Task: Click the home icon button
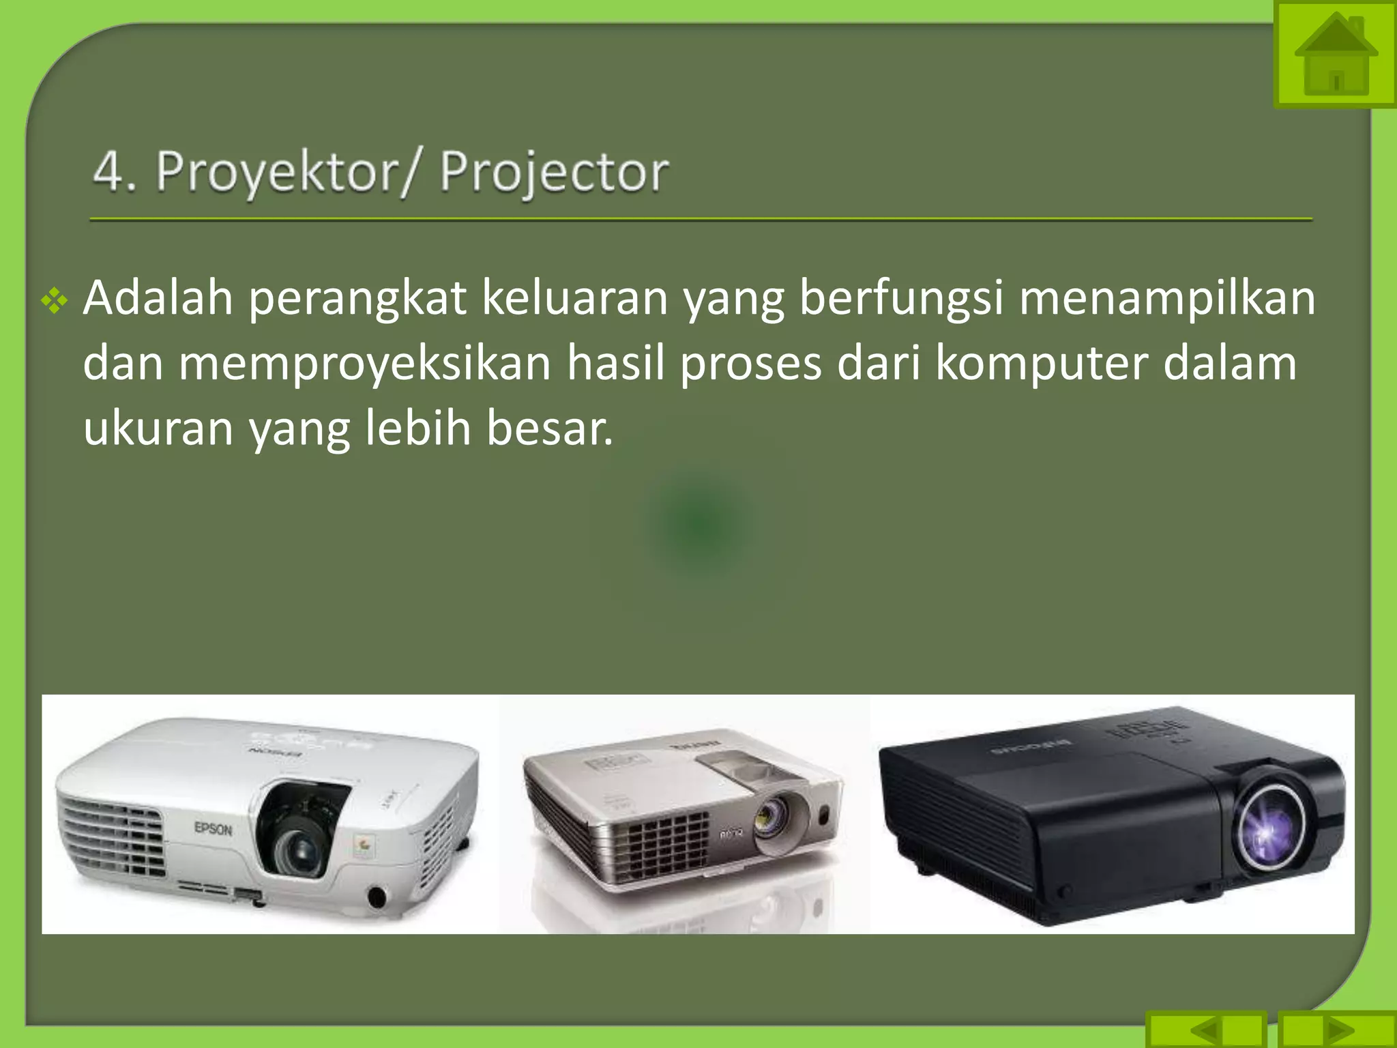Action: click(1335, 55)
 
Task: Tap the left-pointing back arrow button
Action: click(1207, 1030)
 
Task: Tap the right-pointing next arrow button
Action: click(1336, 1030)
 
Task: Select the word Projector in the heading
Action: click(554, 172)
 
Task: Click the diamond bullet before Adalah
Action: click(55, 301)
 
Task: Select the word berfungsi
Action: click(900, 300)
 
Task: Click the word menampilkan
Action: click(1167, 300)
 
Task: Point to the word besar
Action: click(549, 428)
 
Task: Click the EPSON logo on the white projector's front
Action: click(214, 829)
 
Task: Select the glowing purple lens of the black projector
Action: click(1269, 830)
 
